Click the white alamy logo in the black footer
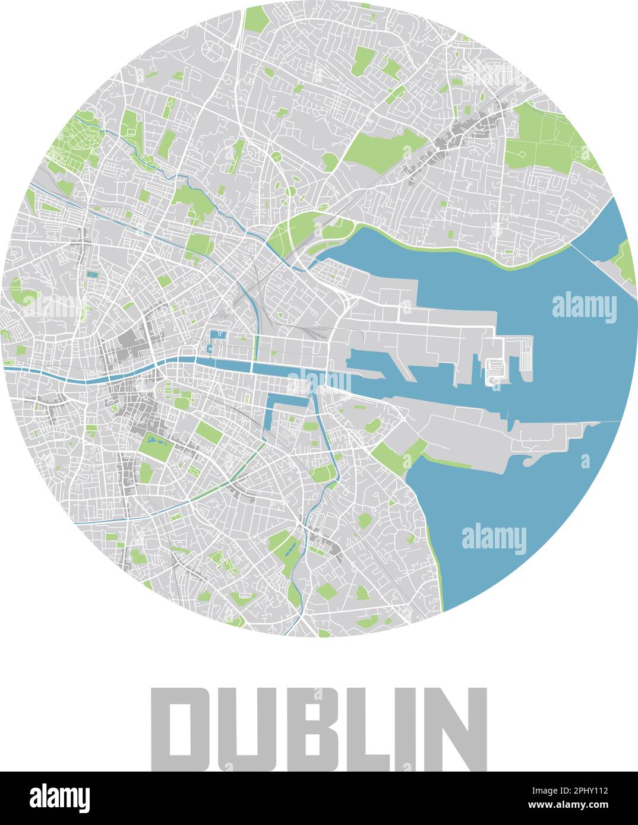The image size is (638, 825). pyautogui.click(x=59, y=798)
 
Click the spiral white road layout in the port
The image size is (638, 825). pyautogui.click(x=494, y=371)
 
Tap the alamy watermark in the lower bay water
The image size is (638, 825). pyautogui.click(x=494, y=538)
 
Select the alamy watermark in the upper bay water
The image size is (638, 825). pyautogui.click(x=584, y=307)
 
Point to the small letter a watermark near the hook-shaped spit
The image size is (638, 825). pyautogui.click(x=585, y=460)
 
